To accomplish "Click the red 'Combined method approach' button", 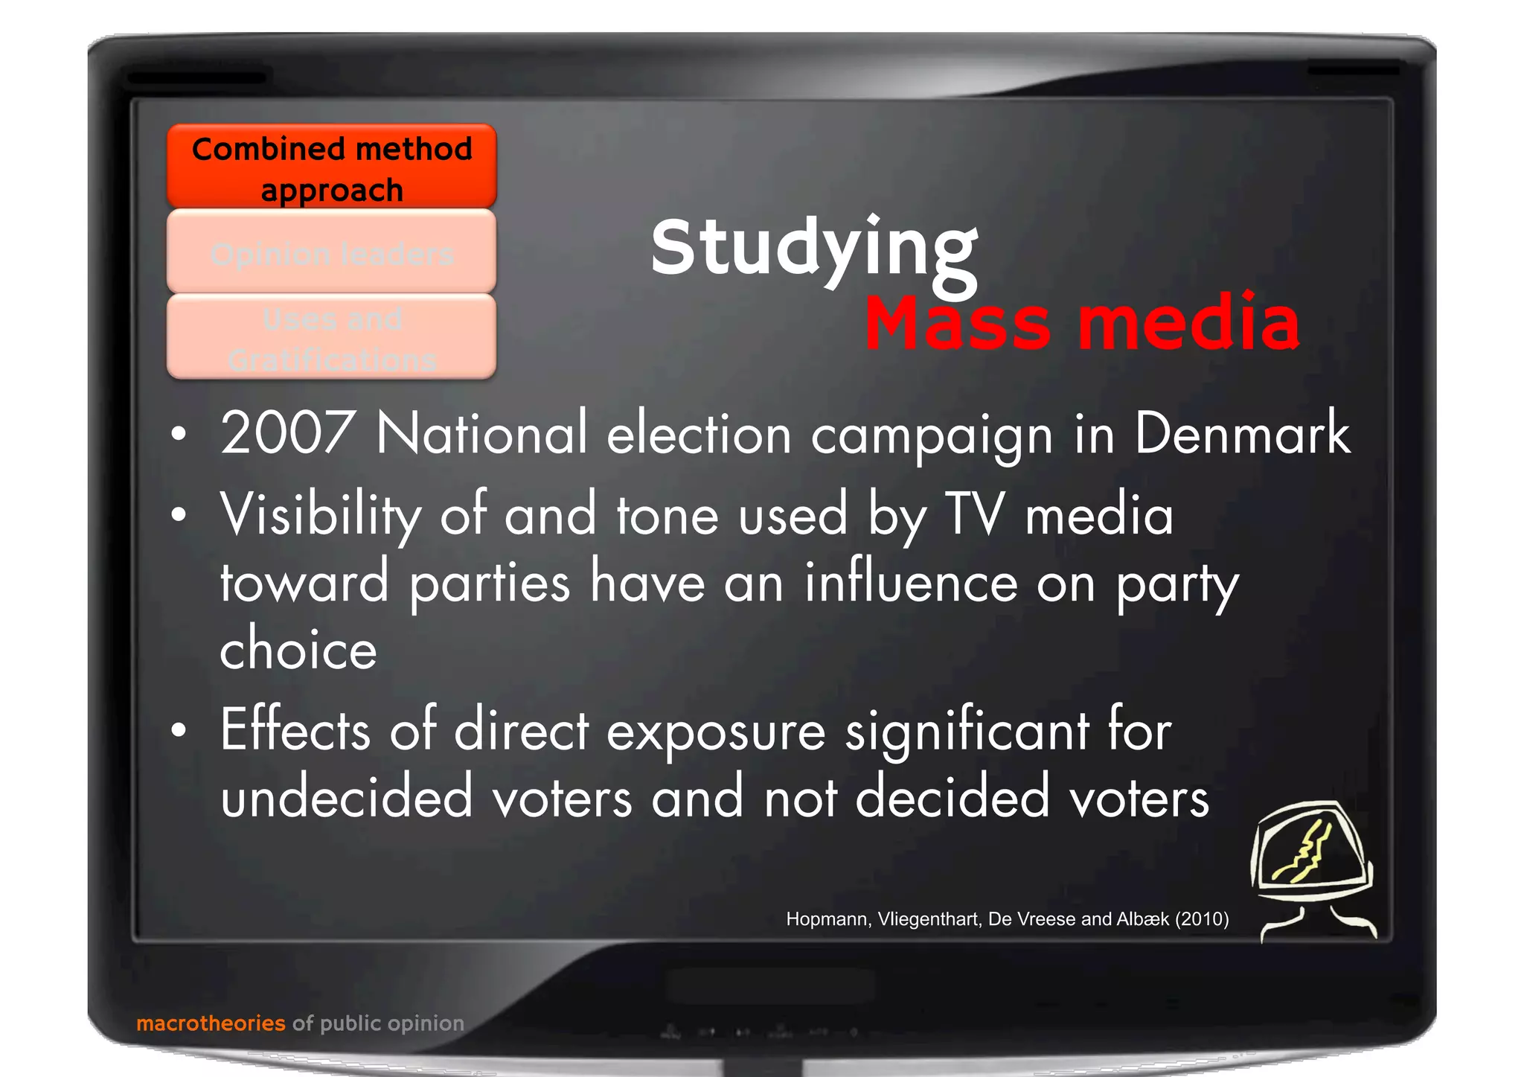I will (332, 167).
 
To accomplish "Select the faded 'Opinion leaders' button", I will (332, 252).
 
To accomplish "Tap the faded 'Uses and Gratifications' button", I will (332, 337).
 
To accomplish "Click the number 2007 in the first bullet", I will (286, 433).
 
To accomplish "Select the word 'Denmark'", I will (1241, 433).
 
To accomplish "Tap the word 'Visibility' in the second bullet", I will (321, 515).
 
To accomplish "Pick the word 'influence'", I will (912, 583).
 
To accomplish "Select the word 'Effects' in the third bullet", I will (295, 730).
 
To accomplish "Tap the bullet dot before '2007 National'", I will (178, 433).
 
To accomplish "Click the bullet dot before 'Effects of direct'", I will (178, 730).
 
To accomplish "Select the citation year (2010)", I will (1202, 919).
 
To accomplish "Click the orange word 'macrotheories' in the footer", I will (211, 1023).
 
